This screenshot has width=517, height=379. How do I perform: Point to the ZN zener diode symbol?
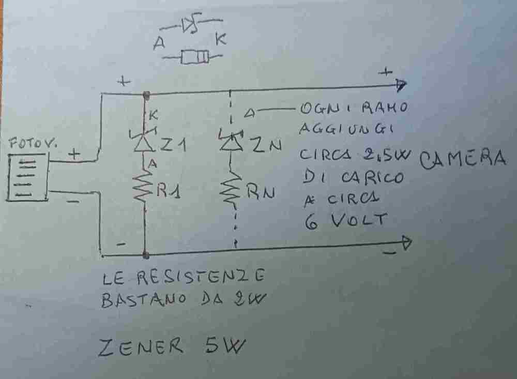(229, 142)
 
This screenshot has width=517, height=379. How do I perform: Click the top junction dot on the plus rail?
(146, 94)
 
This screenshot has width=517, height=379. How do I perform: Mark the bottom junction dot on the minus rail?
(146, 254)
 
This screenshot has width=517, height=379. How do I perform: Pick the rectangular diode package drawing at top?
(195, 57)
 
